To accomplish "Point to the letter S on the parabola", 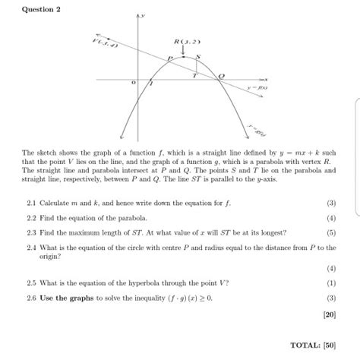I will click(x=199, y=55).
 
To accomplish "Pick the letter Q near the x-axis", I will click(x=223, y=76).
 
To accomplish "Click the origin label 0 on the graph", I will click(x=134, y=83).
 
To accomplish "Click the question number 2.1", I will click(x=31, y=204).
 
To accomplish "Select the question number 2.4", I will click(x=31, y=248).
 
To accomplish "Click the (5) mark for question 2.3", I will click(x=331, y=233).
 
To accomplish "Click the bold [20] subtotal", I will click(x=328, y=313).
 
